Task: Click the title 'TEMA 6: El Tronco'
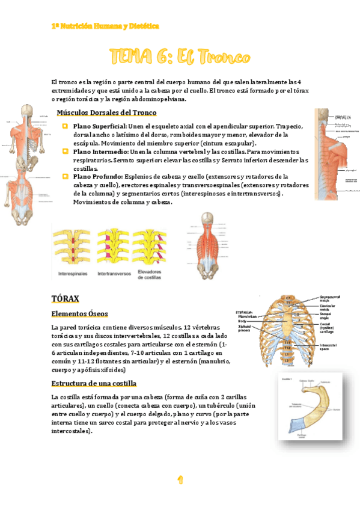(x=180, y=58)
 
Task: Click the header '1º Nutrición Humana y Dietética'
(x=105, y=26)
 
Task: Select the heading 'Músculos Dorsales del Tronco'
(x=106, y=113)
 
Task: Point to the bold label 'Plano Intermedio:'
(x=99, y=152)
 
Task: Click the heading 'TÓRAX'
(x=66, y=298)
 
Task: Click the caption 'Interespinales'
(x=73, y=273)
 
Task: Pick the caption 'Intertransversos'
(x=114, y=273)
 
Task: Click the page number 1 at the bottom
(x=180, y=479)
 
